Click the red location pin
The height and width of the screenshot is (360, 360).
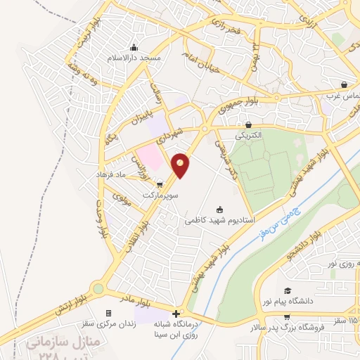pos(181,165)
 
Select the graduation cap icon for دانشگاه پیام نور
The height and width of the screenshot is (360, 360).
pos(287,290)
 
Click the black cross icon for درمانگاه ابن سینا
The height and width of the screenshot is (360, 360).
pos(176,311)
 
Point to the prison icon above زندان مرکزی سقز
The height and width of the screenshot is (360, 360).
pos(108,313)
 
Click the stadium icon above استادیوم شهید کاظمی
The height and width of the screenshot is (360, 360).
pos(219,209)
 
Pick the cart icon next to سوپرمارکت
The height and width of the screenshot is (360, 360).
pos(160,184)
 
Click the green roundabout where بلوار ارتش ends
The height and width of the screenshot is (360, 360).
pos(97,288)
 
